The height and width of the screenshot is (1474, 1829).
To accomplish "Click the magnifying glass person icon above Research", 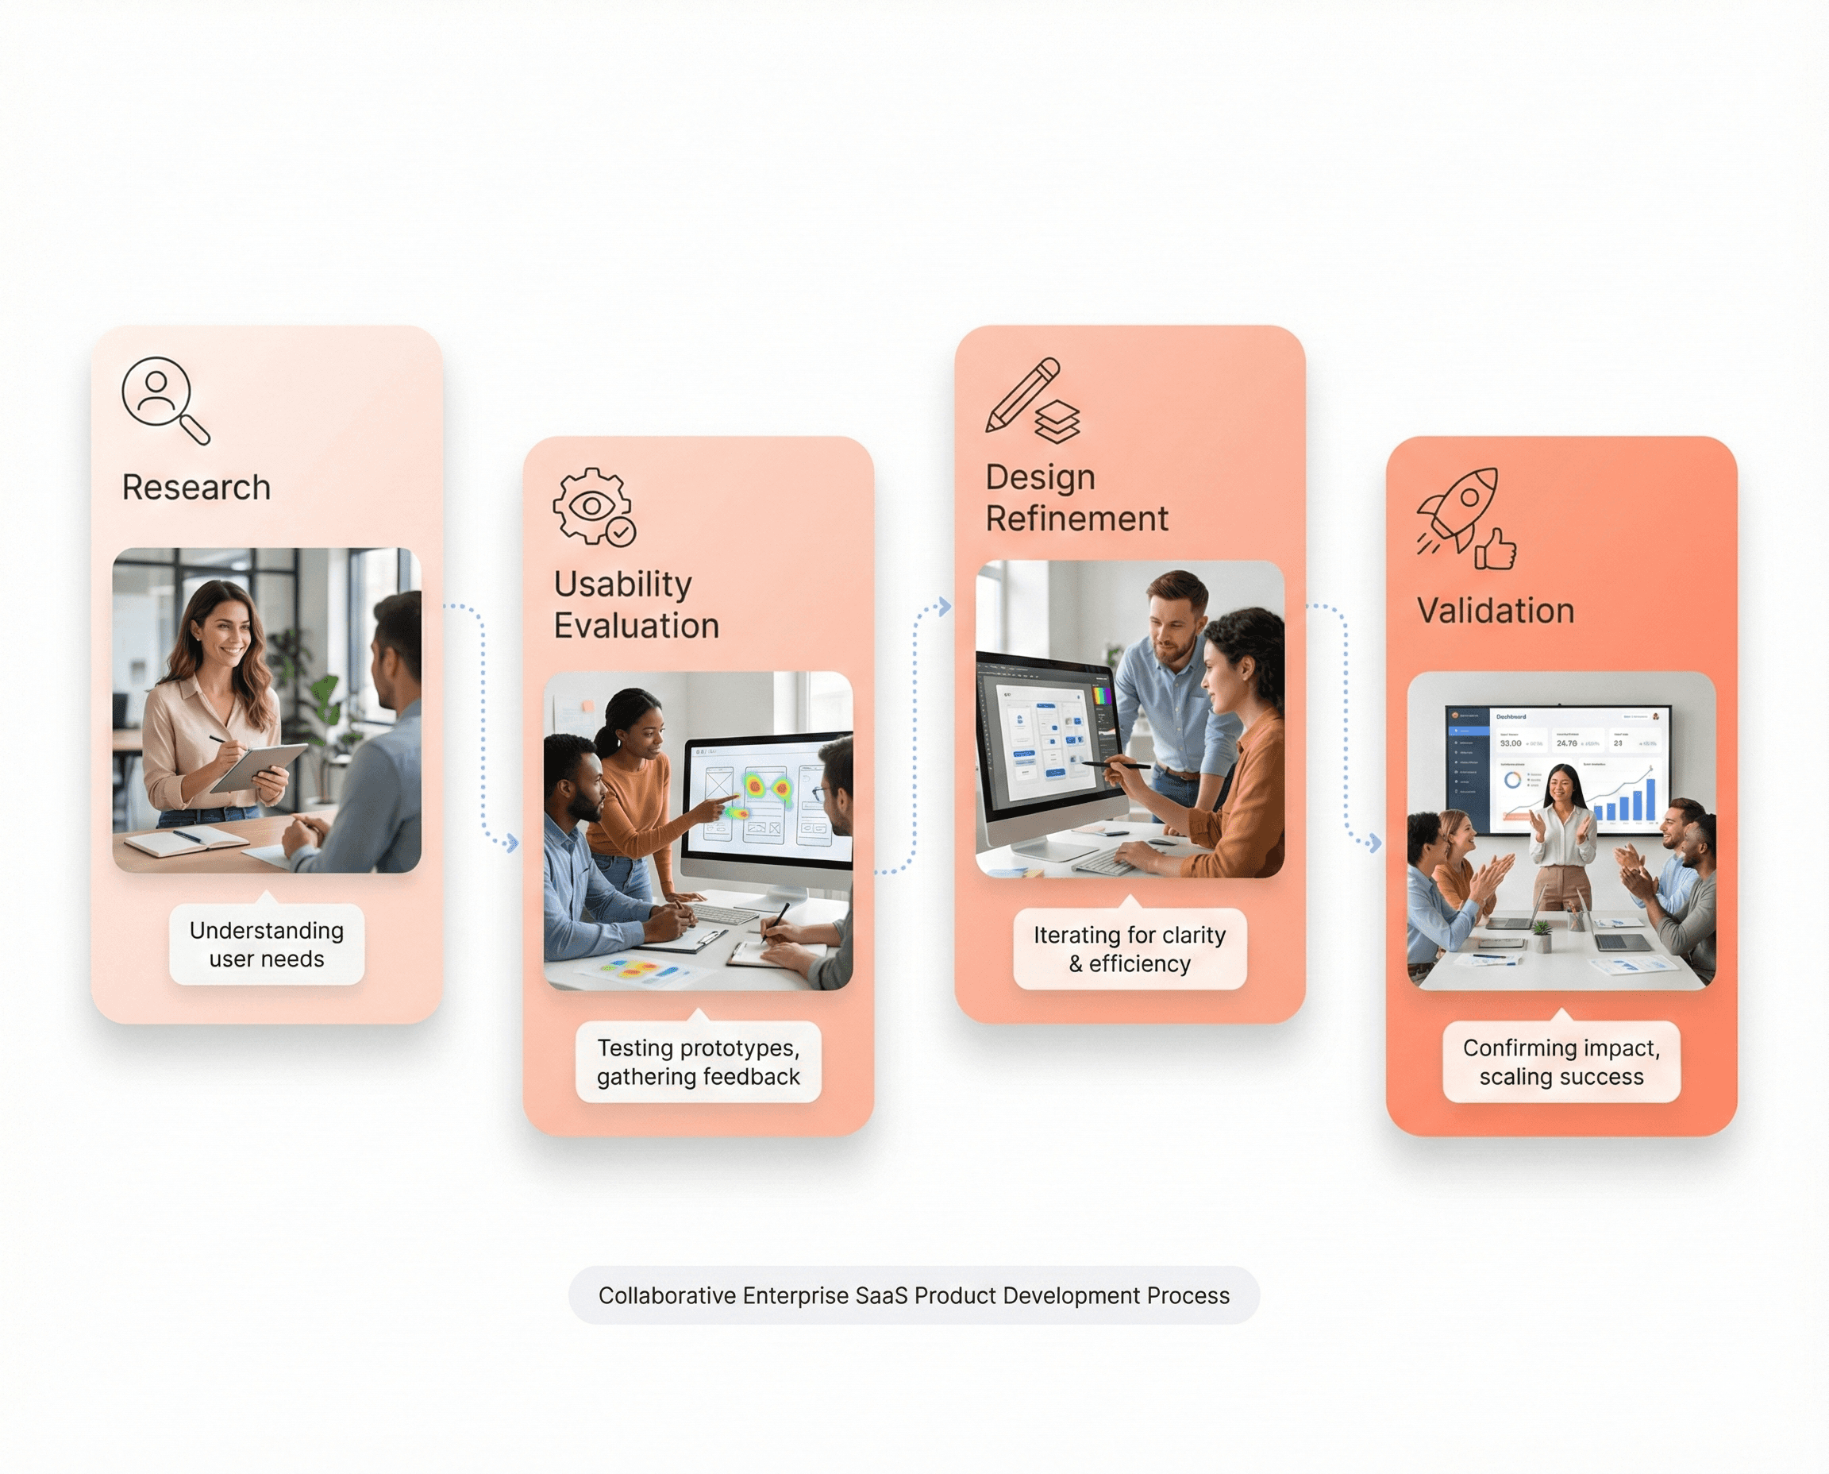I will (x=164, y=399).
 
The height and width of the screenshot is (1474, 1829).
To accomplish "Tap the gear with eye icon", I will (x=593, y=506).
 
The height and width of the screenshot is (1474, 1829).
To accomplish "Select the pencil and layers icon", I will (x=1031, y=400).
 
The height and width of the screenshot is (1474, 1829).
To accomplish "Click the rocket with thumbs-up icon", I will (x=1464, y=518).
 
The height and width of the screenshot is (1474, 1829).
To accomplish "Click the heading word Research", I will (x=196, y=488).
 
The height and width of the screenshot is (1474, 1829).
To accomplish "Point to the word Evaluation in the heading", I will (x=637, y=626).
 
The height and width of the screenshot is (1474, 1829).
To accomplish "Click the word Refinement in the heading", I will (x=1076, y=519).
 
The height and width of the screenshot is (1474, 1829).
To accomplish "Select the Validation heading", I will (x=1496, y=611).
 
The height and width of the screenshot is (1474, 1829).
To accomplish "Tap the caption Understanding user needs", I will (x=267, y=944).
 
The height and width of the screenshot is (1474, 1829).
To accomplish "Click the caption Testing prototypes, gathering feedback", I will (x=698, y=1061).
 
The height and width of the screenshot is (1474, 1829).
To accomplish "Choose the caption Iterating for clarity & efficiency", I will (x=1129, y=948).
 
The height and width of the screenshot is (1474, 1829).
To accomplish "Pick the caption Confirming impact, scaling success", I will (x=1561, y=1061).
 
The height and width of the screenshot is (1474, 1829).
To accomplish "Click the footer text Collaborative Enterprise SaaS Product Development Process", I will (x=913, y=1295).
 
